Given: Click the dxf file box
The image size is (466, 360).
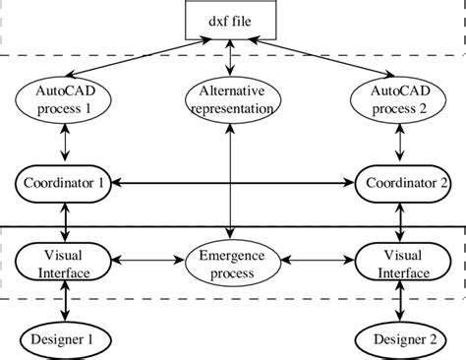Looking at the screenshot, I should click(229, 20).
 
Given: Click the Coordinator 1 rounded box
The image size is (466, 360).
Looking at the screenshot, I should click(64, 184).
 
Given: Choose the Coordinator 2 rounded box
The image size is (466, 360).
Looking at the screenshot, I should click(398, 184).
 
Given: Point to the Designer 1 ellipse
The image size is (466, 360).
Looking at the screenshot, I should click(64, 339).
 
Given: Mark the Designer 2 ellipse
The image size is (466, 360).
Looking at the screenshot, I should click(398, 339).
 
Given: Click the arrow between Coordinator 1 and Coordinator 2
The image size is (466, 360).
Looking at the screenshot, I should click(231, 184).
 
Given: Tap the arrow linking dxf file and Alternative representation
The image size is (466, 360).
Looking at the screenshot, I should click(229, 59).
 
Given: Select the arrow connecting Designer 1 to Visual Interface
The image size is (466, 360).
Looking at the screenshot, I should click(64, 300).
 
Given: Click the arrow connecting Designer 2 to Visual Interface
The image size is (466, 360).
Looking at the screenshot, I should click(398, 300).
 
